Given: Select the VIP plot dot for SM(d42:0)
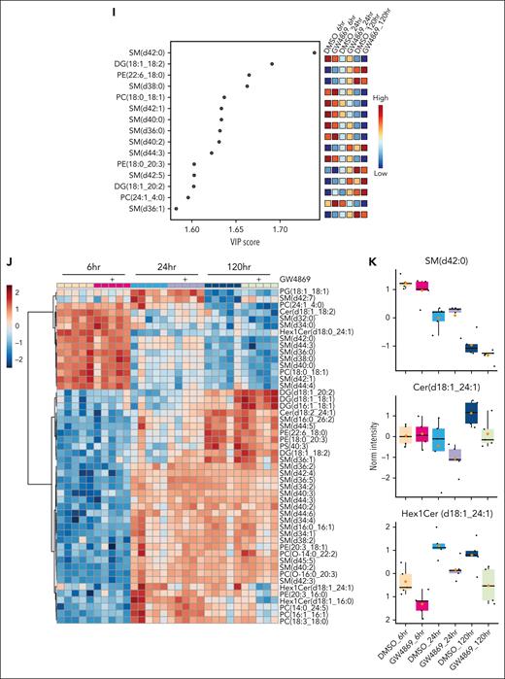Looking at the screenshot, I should (x=314, y=51).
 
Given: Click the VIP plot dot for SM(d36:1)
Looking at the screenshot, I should (x=176, y=208).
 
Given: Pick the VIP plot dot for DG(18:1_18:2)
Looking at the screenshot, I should (x=271, y=63).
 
